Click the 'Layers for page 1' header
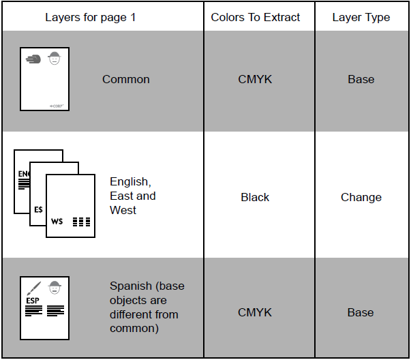point(90,17)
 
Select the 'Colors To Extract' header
point(256,17)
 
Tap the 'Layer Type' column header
point(361,17)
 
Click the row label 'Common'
point(126,79)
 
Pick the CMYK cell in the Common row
point(255,79)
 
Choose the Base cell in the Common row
point(361,79)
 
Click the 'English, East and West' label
point(133,196)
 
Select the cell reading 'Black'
point(255,197)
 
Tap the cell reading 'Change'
point(361,197)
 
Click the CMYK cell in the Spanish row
point(255,312)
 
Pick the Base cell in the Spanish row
point(361,312)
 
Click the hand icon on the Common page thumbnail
point(33,59)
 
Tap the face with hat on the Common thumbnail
point(55,58)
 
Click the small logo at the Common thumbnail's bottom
point(57,105)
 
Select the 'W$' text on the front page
point(57,221)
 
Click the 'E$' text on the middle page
point(39,209)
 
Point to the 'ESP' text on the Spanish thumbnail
point(32,299)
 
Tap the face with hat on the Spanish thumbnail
point(55,287)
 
